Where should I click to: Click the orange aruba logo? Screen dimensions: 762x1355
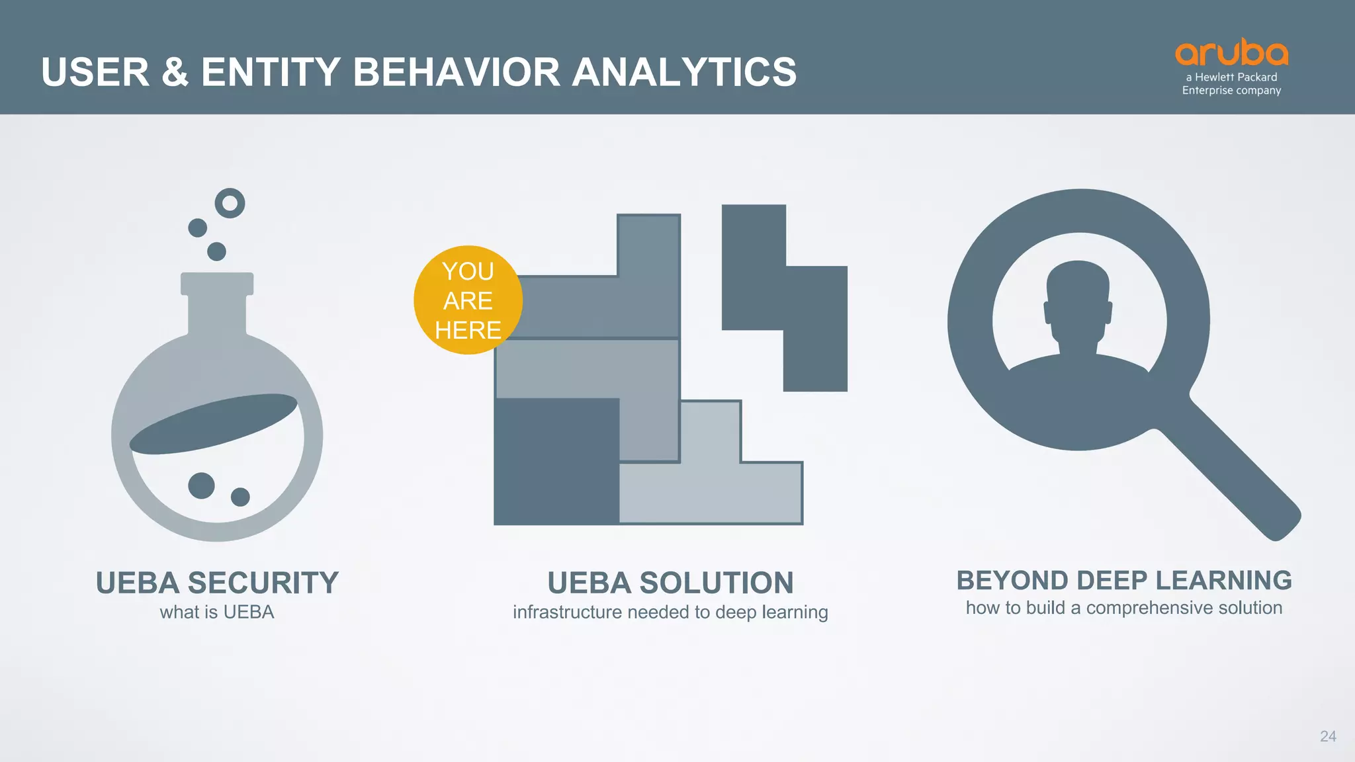1231,53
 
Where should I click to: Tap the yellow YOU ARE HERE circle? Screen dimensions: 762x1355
468,300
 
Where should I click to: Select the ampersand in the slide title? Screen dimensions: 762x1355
175,72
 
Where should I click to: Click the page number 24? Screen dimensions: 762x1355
1327,736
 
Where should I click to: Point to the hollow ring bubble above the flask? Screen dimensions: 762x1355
230,203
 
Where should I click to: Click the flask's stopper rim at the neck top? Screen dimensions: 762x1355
217,283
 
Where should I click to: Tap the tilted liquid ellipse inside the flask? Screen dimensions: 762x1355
213,424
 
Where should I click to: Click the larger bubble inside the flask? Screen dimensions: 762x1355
201,486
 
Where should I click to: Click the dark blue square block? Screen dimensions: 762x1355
556,461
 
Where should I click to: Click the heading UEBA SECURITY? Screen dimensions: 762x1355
217,583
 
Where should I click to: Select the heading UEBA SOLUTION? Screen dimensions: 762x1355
670,583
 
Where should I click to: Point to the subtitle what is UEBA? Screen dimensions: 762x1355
217,613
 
